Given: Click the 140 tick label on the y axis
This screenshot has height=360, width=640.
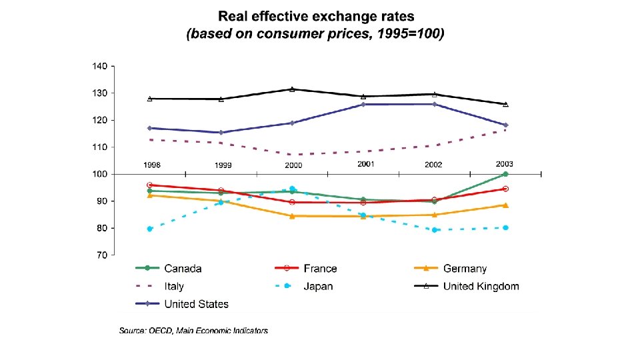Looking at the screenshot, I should tap(99, 66).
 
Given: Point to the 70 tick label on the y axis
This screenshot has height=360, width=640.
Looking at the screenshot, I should tap(101, 255).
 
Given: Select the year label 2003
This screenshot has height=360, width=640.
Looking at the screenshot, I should tap(505, 164).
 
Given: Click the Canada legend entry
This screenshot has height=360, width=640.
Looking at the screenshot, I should tap(183, 269).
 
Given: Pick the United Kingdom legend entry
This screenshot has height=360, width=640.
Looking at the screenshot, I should tap(481, 287).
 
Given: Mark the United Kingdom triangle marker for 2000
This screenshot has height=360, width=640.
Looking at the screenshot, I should tap(292, 89).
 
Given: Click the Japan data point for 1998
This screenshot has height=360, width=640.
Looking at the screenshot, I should tap(150, 229).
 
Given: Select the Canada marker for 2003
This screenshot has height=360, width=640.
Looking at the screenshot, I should tap(505, 174).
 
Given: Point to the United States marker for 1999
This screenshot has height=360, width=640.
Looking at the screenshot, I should tap(221, 133).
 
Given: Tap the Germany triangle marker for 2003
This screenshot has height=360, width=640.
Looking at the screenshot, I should tap(505, 205).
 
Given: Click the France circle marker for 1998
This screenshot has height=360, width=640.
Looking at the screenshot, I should tap(150, 185).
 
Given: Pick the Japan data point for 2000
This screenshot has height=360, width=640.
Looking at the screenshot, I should tap(292, 189).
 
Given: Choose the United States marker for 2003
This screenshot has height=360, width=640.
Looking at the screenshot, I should tap(505, 125).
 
